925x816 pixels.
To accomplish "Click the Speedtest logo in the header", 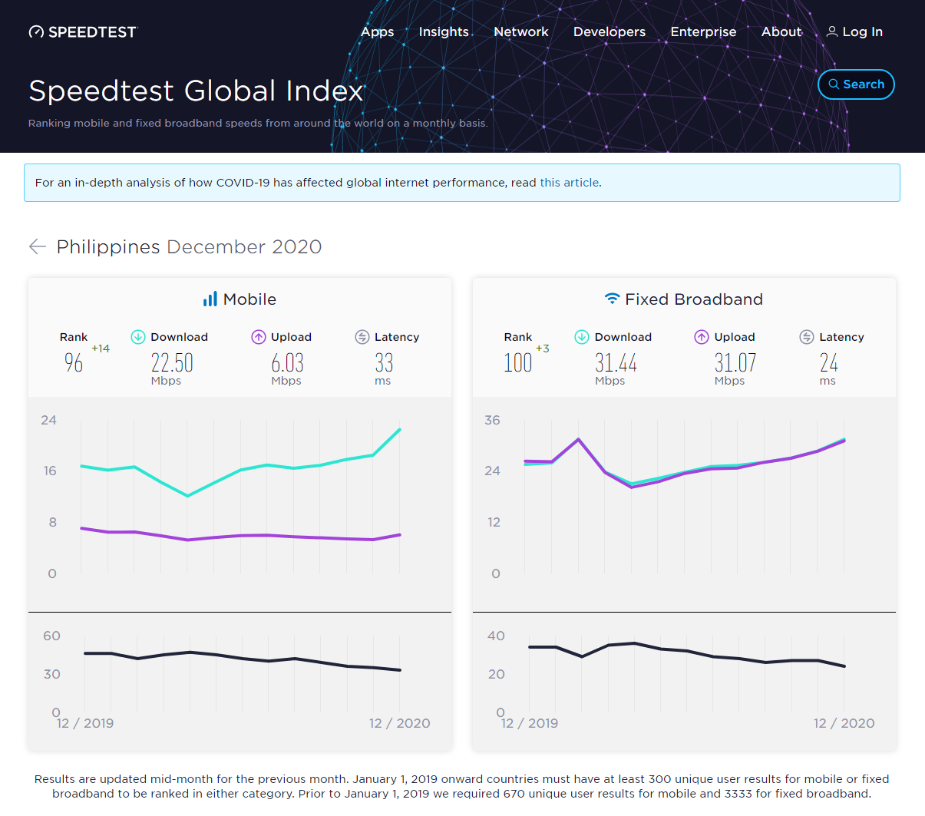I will [82, 31].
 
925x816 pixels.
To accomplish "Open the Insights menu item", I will [443, 31].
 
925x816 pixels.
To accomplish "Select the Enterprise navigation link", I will [703, 31].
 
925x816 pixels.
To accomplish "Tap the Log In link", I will [854, 31].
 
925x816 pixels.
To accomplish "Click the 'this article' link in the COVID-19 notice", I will [569, 183].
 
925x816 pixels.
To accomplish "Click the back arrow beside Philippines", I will [37, 246].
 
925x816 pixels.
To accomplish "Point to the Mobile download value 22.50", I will [172, 362].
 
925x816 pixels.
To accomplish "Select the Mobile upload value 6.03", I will [287, 362].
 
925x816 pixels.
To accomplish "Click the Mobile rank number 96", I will [74, 362].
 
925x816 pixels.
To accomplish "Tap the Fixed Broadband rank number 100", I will [517, 362].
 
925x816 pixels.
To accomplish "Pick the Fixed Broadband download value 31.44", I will [616, 362].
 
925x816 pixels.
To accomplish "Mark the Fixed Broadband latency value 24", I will [828, 362].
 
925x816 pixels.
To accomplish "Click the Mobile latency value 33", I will [384, 362].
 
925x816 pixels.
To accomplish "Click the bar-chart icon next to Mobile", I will [210, 299].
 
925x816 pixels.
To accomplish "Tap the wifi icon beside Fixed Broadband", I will [612, 299].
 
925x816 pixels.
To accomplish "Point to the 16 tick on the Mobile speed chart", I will [50, 471].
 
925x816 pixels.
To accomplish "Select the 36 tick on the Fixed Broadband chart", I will [492, 420].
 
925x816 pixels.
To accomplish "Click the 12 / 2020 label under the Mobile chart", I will [399, 723].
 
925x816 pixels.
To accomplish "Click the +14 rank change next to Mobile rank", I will [101, 349].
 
